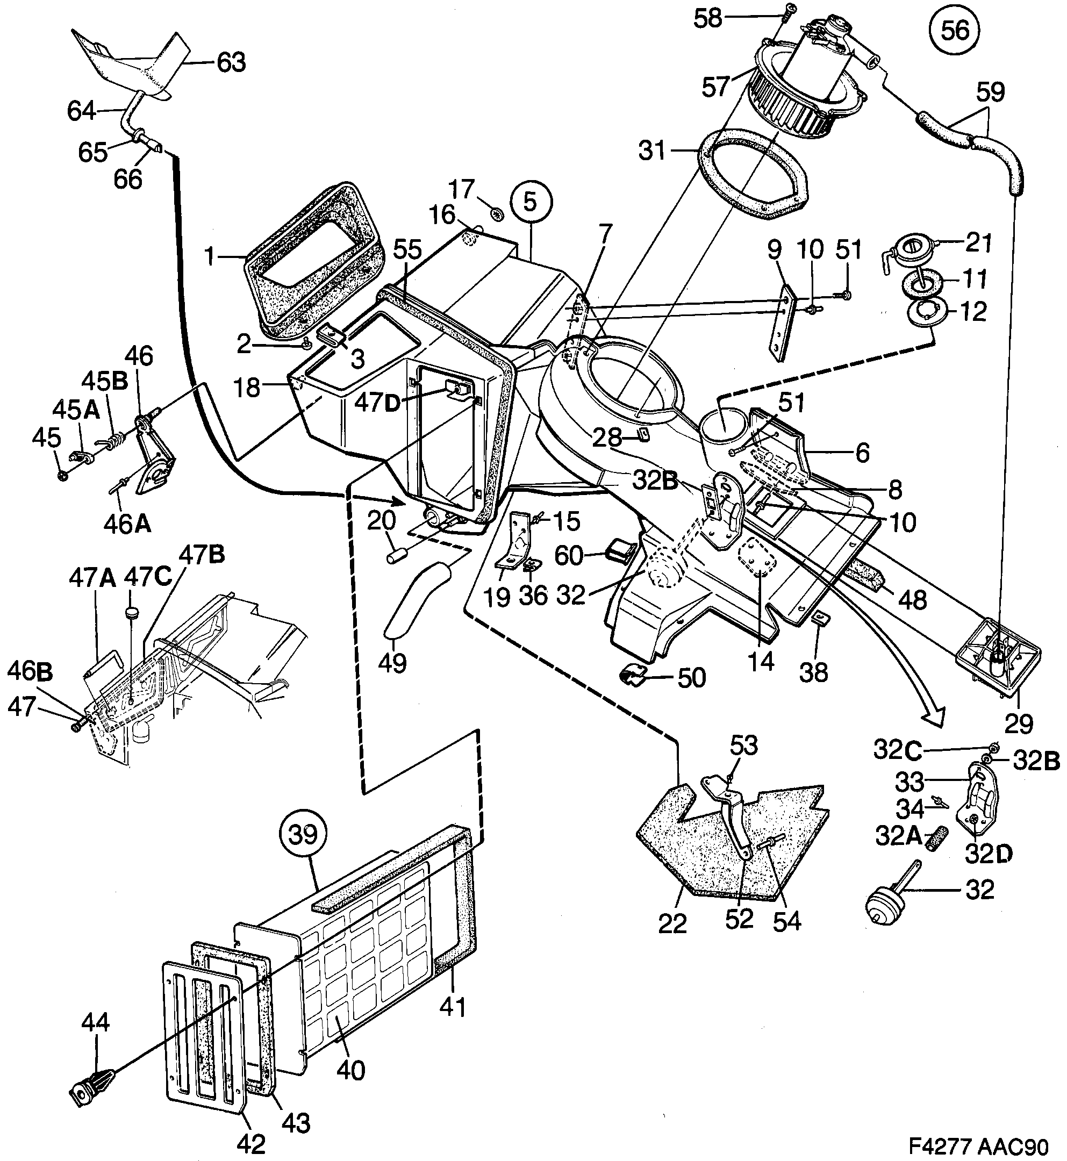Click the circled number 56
coord(955,30)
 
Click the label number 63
coord(231,62)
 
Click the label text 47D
coord(377,403)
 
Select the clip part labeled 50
coord(634,673)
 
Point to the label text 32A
coord(898,835)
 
